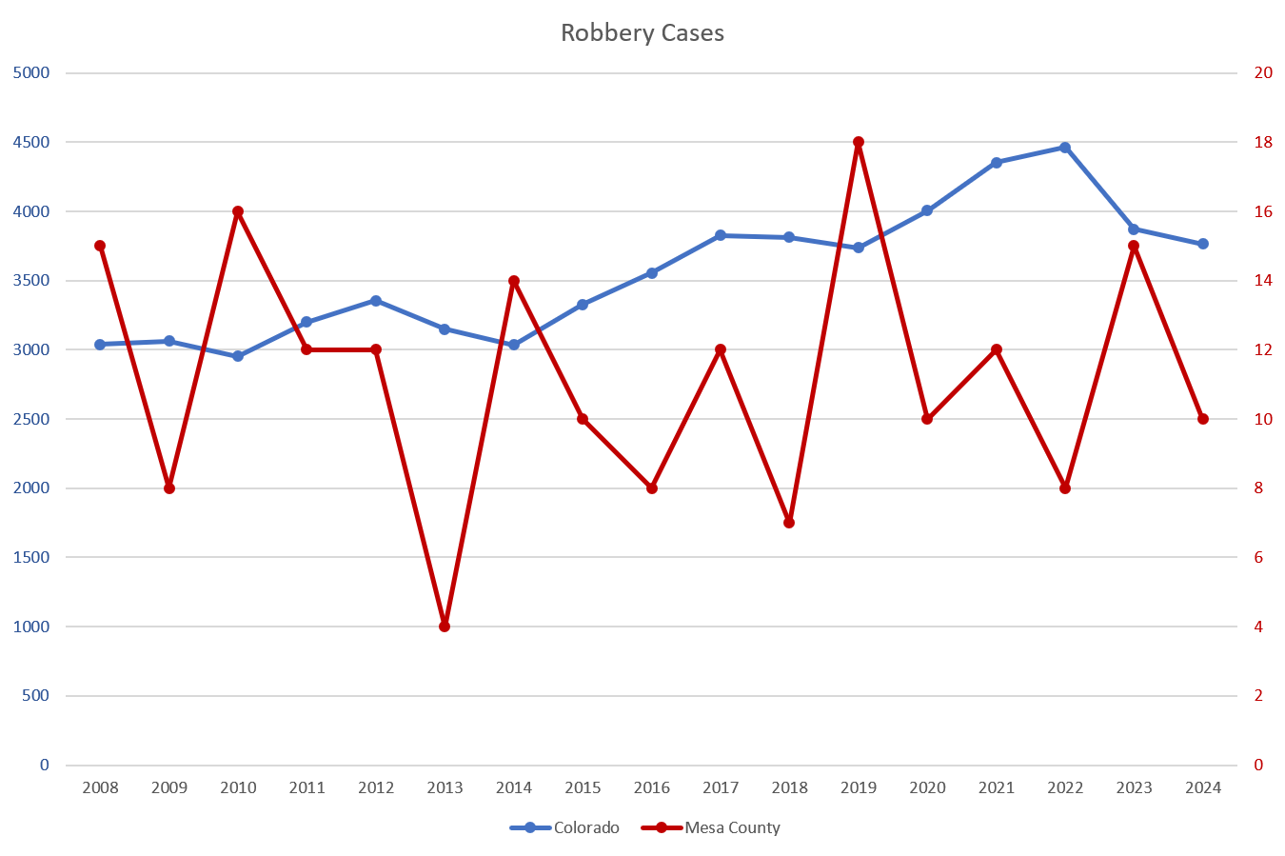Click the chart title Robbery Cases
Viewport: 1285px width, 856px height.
tap(642, 33)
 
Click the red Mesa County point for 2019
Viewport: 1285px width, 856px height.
tap(859, 142)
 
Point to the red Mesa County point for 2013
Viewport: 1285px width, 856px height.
tap(445, 627)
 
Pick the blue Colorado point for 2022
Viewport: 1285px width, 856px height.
tap(1065, 148)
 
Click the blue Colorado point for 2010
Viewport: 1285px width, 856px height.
tap(238, 356)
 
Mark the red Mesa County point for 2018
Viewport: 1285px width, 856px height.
tap(789, 523)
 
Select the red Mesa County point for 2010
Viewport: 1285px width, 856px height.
tap(238, 211)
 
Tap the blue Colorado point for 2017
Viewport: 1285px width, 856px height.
tap(721, 235)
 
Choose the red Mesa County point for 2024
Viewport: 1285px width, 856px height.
tap(1203, 419)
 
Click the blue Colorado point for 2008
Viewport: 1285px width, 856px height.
tap(100, 344)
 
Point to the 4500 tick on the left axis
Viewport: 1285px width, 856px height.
tap(31, 142)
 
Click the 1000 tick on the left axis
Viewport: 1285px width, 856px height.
tap(31, 627)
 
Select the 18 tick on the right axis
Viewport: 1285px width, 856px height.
tap(1263, 142)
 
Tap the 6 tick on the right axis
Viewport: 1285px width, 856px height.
tap(1258, 557)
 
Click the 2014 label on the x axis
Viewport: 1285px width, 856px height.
tap(514, 787)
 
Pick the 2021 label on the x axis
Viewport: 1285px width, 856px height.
tap(997, 787)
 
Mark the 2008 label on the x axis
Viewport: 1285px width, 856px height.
tap(100, 787)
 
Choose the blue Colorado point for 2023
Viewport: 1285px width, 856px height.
tap(1134, 229)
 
